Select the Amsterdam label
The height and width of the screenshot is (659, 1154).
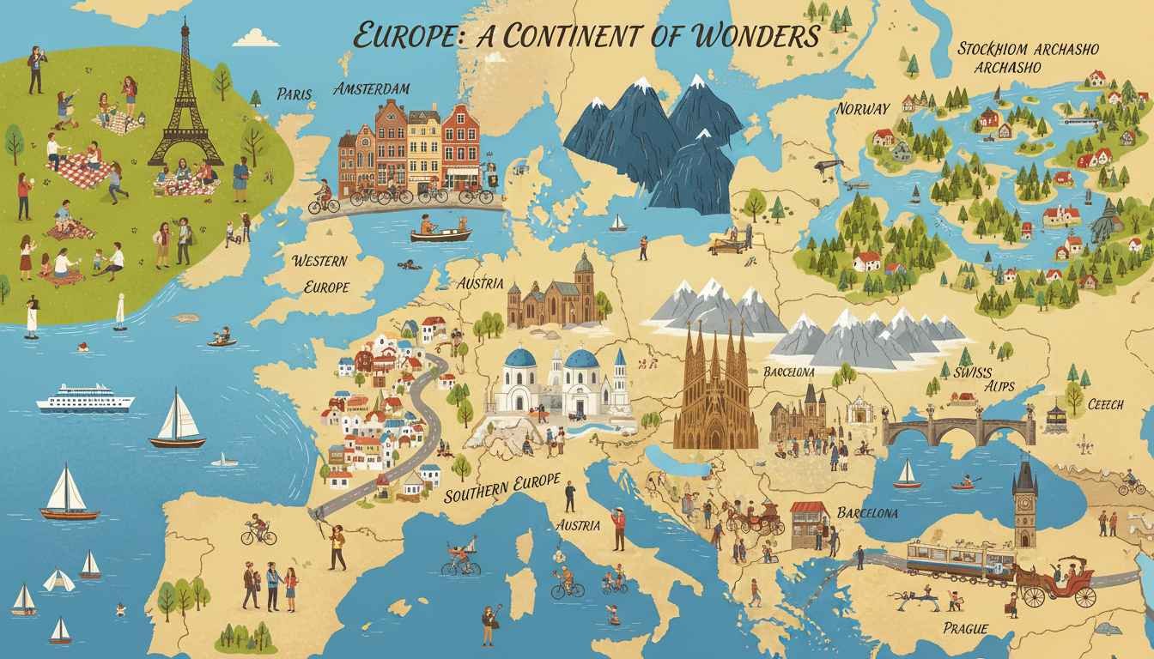click(371, 89)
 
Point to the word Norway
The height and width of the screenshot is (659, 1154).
click(862, 108)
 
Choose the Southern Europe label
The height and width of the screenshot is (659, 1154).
click(502, 487)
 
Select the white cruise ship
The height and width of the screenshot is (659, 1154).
click(85, 399)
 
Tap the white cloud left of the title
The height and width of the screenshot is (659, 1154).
click(255, 39)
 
